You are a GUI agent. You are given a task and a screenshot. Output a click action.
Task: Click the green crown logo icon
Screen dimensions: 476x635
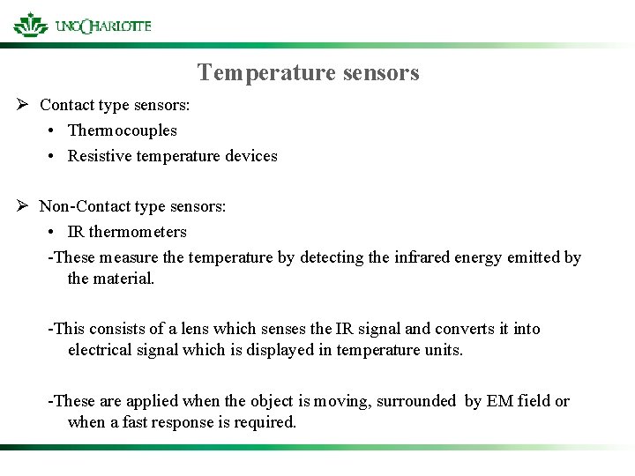coord(31,24)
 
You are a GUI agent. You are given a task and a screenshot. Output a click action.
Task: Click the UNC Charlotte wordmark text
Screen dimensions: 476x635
coord(103,26)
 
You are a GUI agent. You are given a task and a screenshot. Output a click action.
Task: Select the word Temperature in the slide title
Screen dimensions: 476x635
coord(255,72)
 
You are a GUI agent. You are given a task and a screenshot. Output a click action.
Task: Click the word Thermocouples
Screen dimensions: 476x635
coord(123,130)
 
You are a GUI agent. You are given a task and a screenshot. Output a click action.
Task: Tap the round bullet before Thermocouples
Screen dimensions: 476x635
coord(54,131)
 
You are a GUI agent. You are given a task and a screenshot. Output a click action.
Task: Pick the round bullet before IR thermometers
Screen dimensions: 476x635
coord(54,233)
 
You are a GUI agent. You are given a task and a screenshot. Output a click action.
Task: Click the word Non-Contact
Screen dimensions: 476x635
coord(77,206)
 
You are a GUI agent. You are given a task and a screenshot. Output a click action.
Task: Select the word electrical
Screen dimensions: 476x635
coord(101,350)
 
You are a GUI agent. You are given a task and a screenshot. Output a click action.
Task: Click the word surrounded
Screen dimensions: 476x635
coord(416,401)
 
